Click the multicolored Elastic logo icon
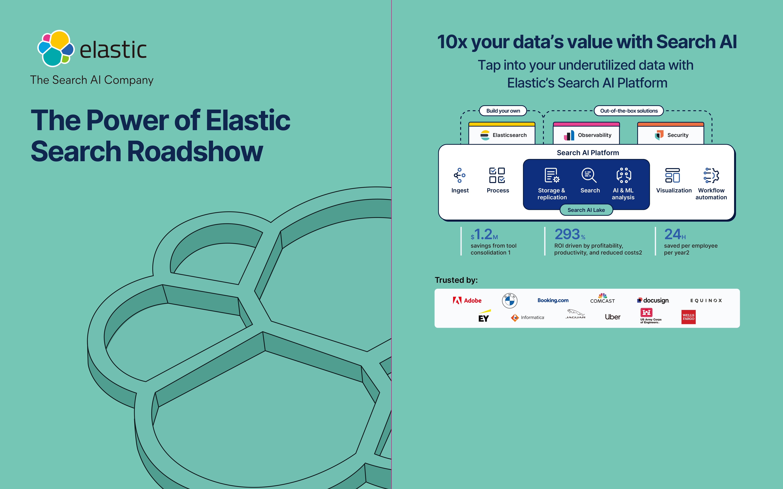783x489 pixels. tap(56, 48)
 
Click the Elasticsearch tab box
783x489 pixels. tap(502, 133)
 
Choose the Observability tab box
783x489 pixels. tap(586, 133)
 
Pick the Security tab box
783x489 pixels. tap(671, 133)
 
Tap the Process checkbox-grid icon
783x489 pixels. tap(497, 175)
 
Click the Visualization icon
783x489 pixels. tap(672, 175)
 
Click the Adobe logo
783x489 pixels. tap(467, 300)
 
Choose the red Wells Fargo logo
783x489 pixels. tap(689, 317)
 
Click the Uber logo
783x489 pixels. tap(612, 317)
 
